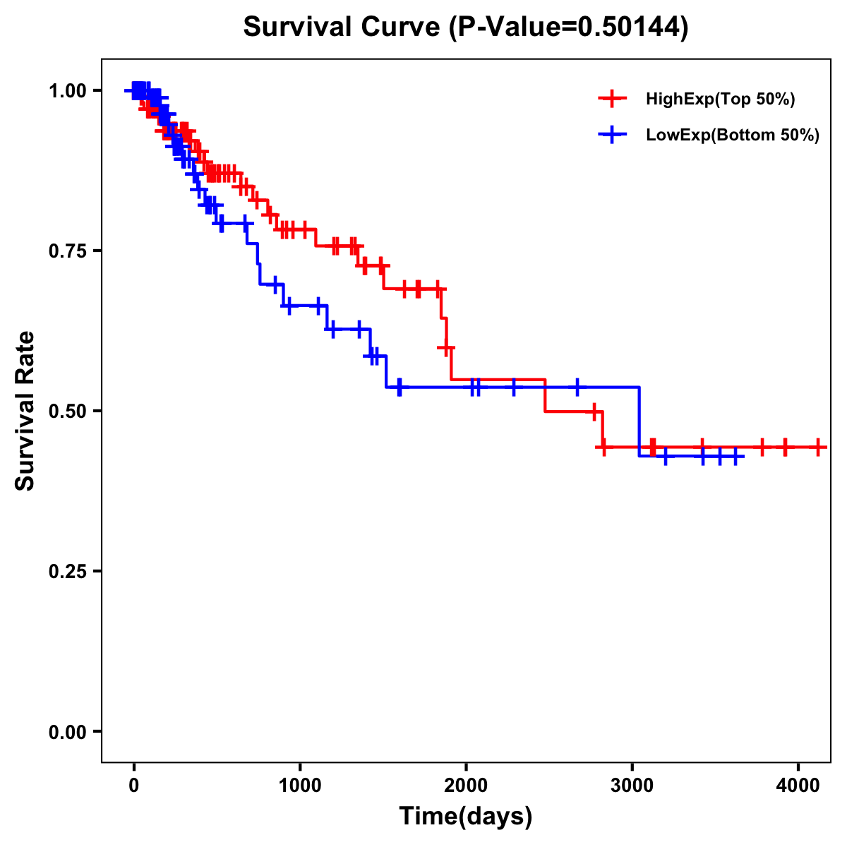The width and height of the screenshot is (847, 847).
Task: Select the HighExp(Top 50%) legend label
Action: tap(720, 100)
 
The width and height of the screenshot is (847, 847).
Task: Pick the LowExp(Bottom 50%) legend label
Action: tap(733, 136)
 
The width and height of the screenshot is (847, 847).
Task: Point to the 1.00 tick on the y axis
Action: tap(66, 90)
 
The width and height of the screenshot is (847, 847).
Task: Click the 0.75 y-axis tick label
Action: tap(66, 251)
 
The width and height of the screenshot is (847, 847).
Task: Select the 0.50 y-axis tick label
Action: tap(66, 411)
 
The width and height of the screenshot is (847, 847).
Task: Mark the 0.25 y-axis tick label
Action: tap(66, 571)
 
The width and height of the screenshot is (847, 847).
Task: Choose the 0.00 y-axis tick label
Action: tap(66, 731)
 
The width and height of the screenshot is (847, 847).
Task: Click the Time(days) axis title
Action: tap(466, 817)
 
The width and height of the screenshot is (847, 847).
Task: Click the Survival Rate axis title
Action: tap(25, 411)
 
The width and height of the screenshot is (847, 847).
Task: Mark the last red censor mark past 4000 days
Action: tap(817, 447)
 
